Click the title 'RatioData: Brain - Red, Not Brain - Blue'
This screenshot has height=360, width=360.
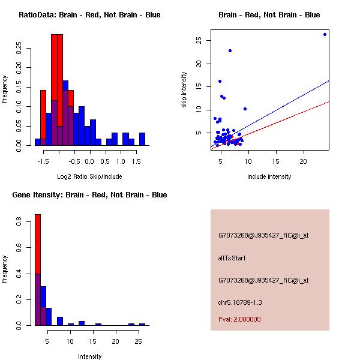[x=89, y=15]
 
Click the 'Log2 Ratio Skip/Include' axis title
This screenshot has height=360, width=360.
[x=89, y=176]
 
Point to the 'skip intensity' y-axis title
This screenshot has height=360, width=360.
[x=184, y=90]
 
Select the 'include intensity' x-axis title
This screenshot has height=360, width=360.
[x=269, y=176]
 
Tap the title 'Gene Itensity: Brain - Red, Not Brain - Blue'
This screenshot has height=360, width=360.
[x=89, y=195]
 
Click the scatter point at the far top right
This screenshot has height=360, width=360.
[x=325, y=34]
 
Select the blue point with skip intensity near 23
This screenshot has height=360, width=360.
[x=230, y=51]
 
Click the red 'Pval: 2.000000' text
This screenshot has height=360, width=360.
[x=239, y=319]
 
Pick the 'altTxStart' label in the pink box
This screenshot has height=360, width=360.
[x=232, y=258]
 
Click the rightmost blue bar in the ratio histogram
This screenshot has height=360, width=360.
[x=142, y=139]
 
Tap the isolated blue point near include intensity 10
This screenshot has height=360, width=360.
[x=245, y=109]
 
